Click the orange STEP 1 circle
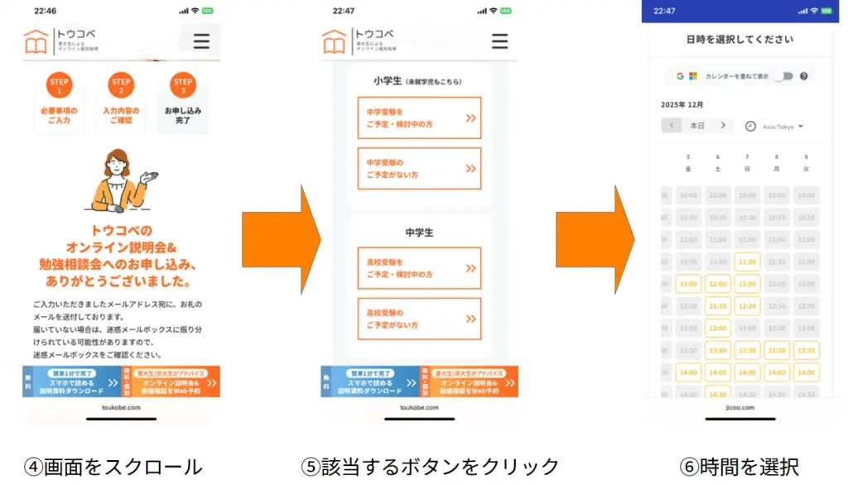tap(60, 86)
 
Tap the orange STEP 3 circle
tap(183, 86)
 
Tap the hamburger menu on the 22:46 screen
tap(201, 41)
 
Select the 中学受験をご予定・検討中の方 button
tap(419, 118)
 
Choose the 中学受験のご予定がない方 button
tap(419, 169)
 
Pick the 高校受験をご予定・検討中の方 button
tap(419, 268)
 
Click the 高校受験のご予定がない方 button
tap(419, 319)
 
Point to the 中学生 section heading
tap(419, 233)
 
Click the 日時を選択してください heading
tap(740, 39)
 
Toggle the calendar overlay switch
tap(783, 76)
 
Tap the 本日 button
tap(697, 126)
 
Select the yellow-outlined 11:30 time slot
tap(747, 262)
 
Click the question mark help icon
tap(804, 76)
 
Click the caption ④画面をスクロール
tap(113, 467)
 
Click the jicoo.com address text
tap(740, 407)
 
